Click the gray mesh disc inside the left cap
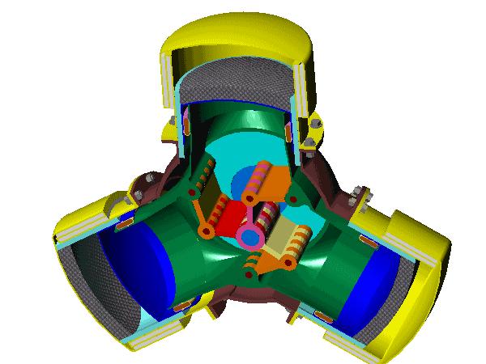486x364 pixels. [x=81, y=275]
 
